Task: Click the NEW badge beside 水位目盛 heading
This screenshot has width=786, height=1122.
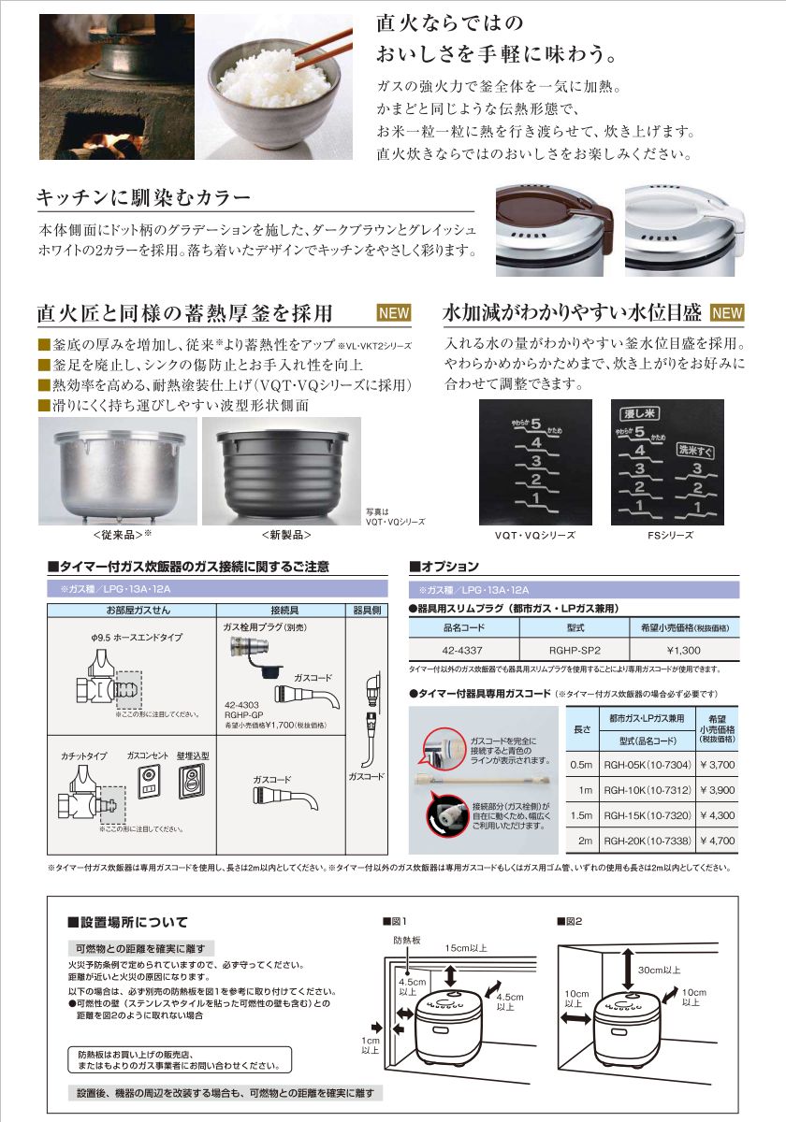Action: point(728,312)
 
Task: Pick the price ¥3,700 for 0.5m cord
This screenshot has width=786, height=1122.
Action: point(712,764)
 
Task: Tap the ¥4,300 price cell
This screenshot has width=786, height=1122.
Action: point(712,815)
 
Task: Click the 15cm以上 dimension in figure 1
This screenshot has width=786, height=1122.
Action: point(465,947)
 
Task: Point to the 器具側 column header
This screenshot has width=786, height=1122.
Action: point(366,609)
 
